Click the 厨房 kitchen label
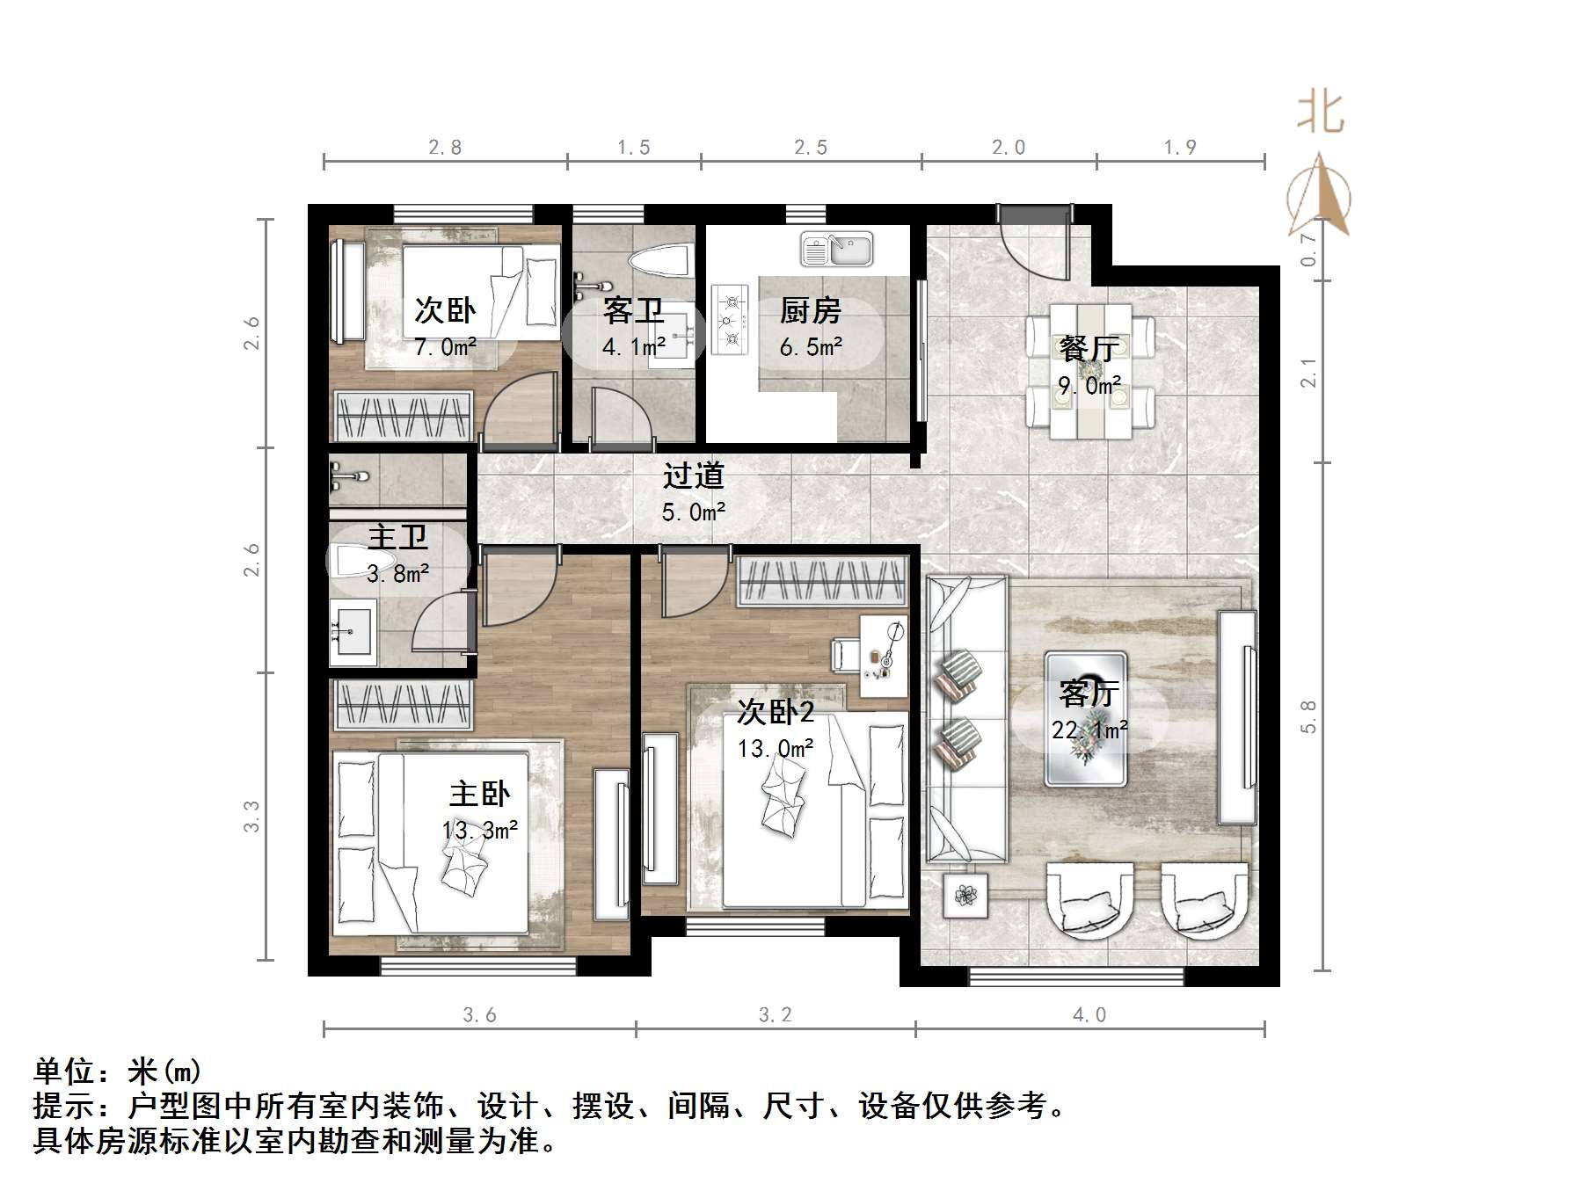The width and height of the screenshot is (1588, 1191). point(810,310)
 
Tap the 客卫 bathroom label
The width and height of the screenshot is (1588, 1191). point(633,310)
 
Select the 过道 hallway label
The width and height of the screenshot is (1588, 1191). point(693,476)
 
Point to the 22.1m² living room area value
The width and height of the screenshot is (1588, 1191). point(1089,730)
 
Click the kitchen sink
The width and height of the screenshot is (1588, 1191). point(836,249)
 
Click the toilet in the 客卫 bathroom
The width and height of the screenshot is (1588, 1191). point(659,260)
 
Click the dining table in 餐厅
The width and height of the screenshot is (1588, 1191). point(1090,371)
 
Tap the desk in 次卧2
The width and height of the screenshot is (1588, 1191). point(883,655)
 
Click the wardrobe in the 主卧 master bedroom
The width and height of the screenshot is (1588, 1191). point(402,704)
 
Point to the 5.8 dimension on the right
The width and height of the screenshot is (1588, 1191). point(1309,716)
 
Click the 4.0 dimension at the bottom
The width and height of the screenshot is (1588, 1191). point(1089,1015)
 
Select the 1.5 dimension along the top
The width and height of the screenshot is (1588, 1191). point(633,148)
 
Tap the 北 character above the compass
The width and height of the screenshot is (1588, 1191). point(1320,113)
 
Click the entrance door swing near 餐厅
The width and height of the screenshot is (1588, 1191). point(1034,243)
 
